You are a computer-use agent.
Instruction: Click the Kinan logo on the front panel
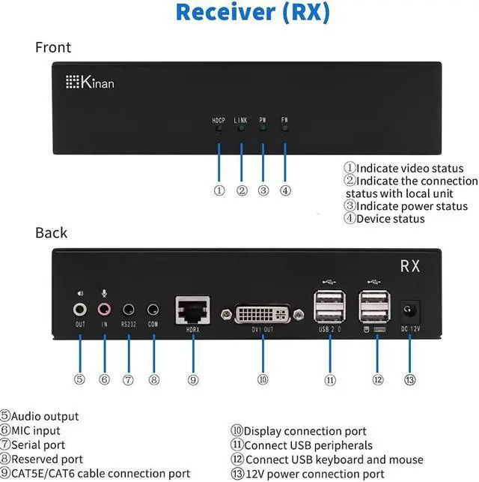[x=90, y=82]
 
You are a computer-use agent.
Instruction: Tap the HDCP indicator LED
[x=219, y=128]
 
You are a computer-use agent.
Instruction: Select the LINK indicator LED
[x=241, y=128]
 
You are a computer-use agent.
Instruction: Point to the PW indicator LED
[x=263, y=128]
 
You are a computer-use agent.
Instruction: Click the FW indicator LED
[x=285, y=128]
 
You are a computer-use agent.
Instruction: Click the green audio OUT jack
[x=80, y=308]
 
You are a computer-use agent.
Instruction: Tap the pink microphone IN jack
[x=104, y=308]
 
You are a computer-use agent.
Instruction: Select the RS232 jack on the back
[x=129, y=308]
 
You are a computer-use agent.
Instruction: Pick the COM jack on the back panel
[x=153, y=308]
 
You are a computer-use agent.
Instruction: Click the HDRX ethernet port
[x=192, y=309]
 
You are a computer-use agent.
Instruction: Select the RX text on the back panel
[x=409, y=265]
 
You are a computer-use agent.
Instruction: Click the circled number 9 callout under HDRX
[x=193, y=379]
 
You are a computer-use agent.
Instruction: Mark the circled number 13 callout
[x=409, y=379]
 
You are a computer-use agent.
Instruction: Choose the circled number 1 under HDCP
[x=219, y=190]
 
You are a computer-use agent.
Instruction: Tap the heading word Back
[x=51, y=232]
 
